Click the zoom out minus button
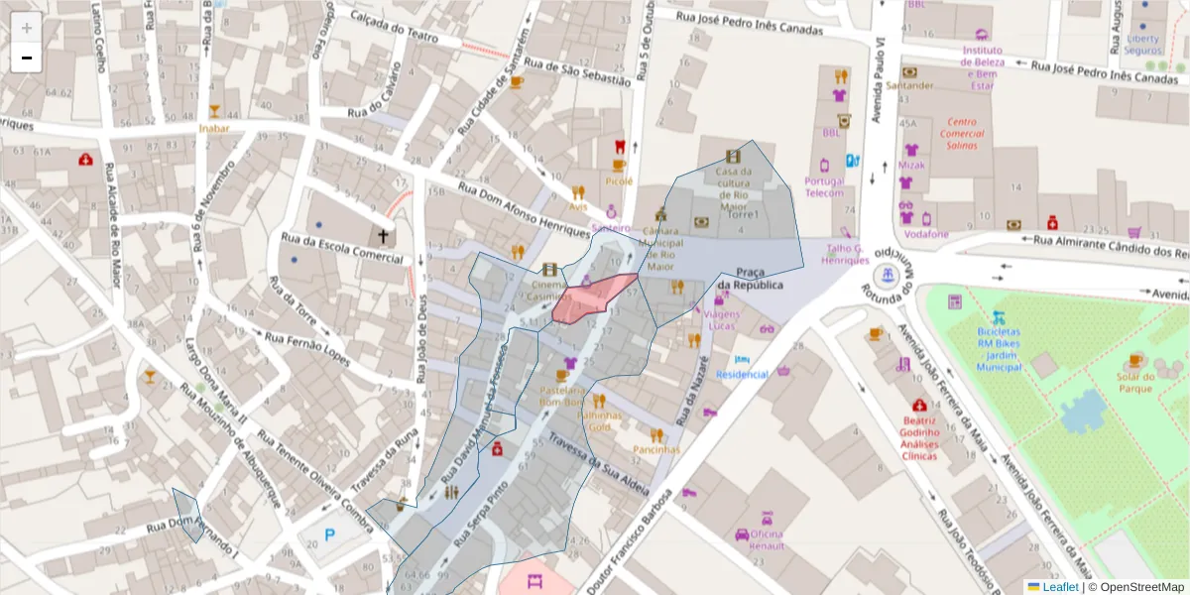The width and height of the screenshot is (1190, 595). tap(27, 58)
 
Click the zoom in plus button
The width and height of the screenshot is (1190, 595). tap(27, 28)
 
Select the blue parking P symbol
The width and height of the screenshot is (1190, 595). tap(330, 535)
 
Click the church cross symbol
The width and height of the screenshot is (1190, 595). tap(383, 236)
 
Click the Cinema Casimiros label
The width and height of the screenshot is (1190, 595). tap(549, 290)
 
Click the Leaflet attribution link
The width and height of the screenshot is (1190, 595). tap(1059, 587)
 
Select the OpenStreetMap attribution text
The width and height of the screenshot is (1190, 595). tap(1140, 587)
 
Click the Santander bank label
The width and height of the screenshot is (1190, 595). tap(909, 85)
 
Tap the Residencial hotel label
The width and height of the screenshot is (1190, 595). tap(743, 374)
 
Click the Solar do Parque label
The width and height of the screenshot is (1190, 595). tap(1136, 382)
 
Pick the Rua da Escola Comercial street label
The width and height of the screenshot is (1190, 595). tap(343, 248)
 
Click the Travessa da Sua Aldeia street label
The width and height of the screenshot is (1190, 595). tap(599, 464)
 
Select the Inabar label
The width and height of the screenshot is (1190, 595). tap(213, 128)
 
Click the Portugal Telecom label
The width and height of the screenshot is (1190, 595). tap(824, 187)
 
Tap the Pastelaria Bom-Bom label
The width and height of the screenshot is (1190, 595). tap(561, 397)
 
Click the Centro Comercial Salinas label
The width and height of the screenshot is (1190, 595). tap(962, 134)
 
